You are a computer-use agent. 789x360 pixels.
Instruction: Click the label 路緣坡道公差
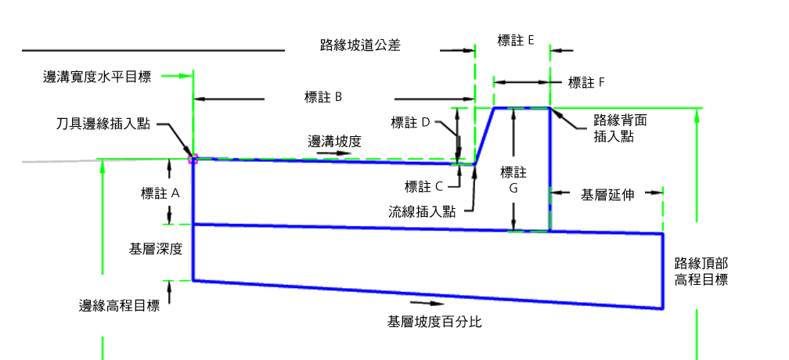[360, 45]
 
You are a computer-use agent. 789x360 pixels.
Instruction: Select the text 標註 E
[515, 41]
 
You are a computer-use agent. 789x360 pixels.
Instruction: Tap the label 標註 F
[585, 82]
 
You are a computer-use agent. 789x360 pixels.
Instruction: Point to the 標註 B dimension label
[323, 97]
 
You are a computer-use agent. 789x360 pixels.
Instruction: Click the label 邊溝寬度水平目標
[97, 77]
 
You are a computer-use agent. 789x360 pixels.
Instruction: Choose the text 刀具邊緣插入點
[103, 124]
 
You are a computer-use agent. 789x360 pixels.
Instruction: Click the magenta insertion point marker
[193, 160]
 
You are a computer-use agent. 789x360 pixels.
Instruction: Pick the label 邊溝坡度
[335, 142]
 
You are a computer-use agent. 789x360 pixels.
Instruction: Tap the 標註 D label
[410, 122]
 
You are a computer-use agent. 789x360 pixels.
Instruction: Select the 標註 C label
[423, 187]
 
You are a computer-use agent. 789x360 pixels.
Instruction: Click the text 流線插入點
[422, 211]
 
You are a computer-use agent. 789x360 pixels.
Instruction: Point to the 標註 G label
[513, 180]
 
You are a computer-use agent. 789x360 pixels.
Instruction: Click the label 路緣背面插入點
[620, 128]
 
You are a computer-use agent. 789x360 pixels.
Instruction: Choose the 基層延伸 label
[607, 195]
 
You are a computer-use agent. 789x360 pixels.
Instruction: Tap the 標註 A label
[160, 193]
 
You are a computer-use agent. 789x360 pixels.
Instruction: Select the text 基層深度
[156, 248]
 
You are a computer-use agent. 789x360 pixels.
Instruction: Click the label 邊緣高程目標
[119, 306]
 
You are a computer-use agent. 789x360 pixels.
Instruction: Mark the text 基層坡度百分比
[434, 322]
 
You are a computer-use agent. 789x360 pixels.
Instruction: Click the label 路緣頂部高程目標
[701, 272]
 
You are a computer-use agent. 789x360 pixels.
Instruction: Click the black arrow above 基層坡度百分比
[427, 303]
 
